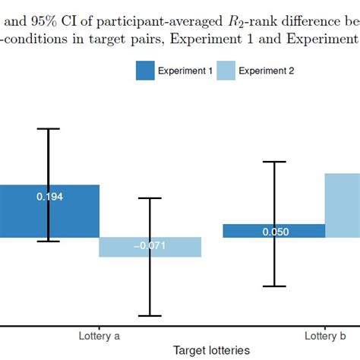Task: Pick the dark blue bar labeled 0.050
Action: [251, 231]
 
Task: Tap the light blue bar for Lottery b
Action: [342, 205]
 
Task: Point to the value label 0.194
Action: [49, 197]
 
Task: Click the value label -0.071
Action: [150, 246]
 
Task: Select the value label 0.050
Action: [274, 232]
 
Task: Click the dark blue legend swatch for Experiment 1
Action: [145, 71]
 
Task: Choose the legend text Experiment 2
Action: [267, 71]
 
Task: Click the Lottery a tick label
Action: [99, 335]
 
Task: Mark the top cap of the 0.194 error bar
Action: [49, 129]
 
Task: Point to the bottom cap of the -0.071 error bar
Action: [150, 315]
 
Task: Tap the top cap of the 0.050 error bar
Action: [274, 162]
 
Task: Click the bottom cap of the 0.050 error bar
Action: [274, 286]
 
